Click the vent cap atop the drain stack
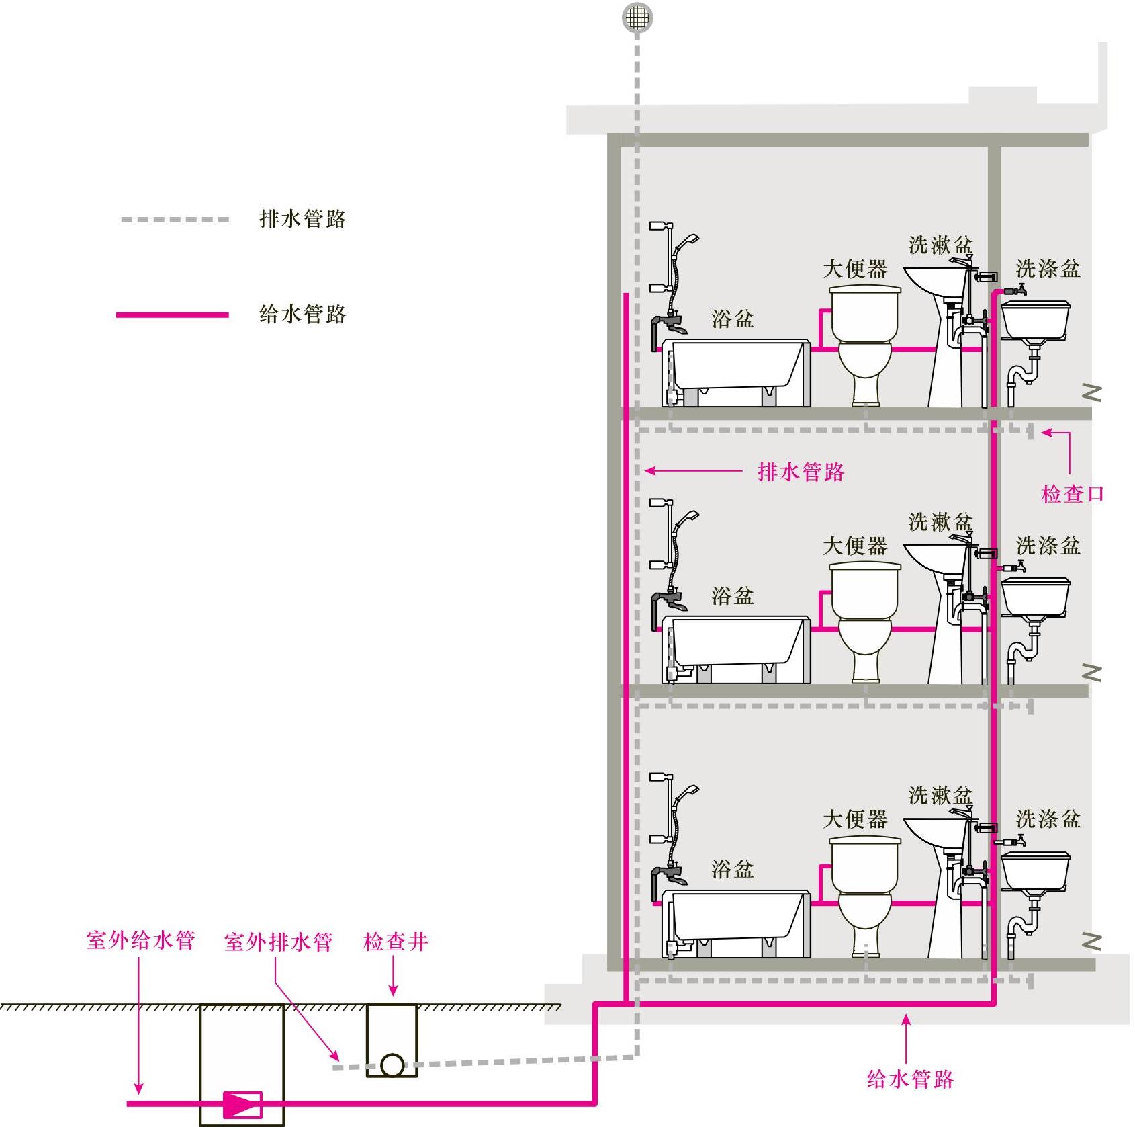coord(637,17)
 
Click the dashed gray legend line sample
coord(175,220)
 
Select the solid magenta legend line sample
coord(173,315)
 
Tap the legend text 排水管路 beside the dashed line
coord(302,219)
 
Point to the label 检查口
coord(1073,494)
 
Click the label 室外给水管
coord(140,940)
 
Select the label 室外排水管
coord(278,942)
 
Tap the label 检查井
coord(396,941)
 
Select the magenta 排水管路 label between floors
coord(801,472)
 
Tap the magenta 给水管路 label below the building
coord(910,1079)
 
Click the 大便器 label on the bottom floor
coord(855,819)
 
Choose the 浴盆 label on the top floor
coord(732,319)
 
